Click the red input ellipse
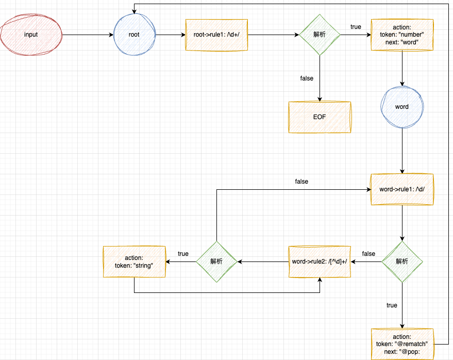[x=31, y=35]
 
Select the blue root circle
[x=134, y=35]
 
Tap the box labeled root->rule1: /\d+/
[x=216, y=35]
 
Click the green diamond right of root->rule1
[x=320, y=35]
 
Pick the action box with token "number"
[x=401, y=35]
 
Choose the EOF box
[x=320, y=117]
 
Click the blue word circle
[x=401, y=107]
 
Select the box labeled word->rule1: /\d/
[x=401, y=189]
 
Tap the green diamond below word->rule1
[x=401, y=261]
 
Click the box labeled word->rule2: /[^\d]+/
[x=320, y=261]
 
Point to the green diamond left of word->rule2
[x=216, y=261]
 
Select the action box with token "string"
[x=134, y=261]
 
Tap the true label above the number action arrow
[x=356, y=27]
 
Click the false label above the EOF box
[x=307, y=78]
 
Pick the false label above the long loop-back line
[x=301, y=182]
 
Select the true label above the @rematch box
[x=392, y=305]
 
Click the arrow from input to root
[x=88, y=35]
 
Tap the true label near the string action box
[x=183, y=254]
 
